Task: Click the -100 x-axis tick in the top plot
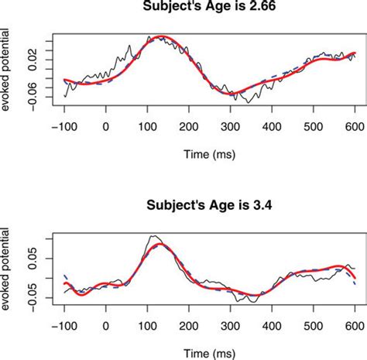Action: click(64, 125)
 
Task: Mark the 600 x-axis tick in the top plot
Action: click(355, 125)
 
